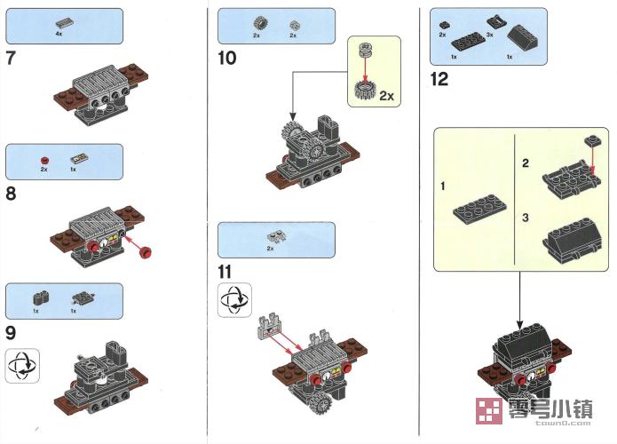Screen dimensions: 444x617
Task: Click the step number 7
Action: [10, 60]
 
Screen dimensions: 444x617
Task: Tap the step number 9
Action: [11, 333]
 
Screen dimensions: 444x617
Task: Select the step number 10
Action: [226, 59]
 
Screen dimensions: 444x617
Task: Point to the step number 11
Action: [225, 270]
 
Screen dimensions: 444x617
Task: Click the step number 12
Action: [439, 79]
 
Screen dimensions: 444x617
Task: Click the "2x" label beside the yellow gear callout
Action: [387, 96]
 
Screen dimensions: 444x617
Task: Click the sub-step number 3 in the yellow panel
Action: [526, 216]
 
